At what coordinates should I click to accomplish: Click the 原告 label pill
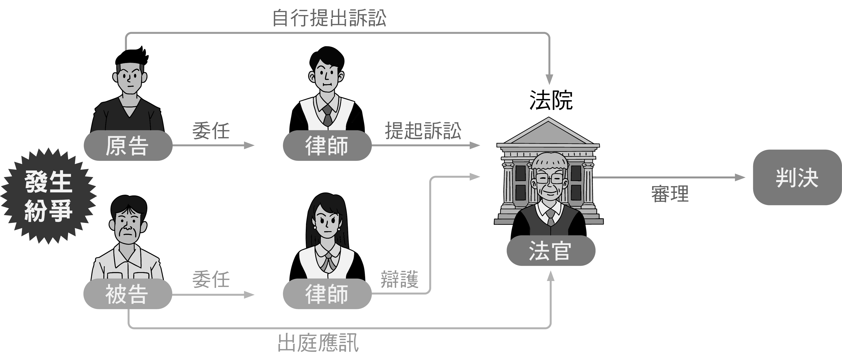tap(127, 146)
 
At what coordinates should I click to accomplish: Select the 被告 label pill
tap(127, 294)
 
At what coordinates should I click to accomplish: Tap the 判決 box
tap(797, 178)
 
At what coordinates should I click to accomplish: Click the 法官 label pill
tap(551, 251)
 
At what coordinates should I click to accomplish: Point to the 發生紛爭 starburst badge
tap(48, 196)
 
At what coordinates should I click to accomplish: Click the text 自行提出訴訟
tap(329, 18)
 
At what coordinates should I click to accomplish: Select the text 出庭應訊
tap(318, 343)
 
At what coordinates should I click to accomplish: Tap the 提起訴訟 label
tap(423, 131)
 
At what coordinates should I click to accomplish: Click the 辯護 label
tap(399, 280)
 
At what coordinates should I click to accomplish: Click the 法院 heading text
tap(551, 100)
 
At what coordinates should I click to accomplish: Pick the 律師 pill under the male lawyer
tap(327, 146)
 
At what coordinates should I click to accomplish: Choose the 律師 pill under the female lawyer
tap(327, 294)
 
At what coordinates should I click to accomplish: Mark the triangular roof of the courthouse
tap(548, 132)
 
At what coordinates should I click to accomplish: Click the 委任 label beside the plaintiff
tap(211, 131)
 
